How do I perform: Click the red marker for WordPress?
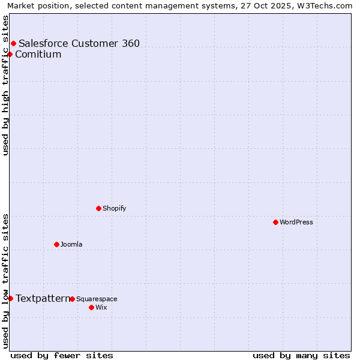[275, 222]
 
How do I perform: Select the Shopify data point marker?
[98, 208]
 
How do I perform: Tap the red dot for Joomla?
[56, 244]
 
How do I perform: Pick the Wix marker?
[91, 307]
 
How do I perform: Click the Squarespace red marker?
[72, 299]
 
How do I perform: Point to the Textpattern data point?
[10, 298]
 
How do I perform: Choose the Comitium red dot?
[10, 55]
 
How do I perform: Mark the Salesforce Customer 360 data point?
[13, 43]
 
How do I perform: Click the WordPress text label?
[296, 222]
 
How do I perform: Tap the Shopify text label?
[114, 208]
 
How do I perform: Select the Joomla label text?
[71, 244]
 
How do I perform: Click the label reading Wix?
[101, 307]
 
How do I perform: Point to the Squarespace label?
[97, 299]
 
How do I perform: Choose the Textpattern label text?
[43, 298]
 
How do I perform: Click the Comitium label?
[38, 55]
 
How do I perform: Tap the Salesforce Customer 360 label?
[79, 43]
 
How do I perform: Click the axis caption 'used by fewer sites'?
[62, 355]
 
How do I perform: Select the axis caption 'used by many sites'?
[301, 355]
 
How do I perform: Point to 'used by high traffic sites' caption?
[5, 85]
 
